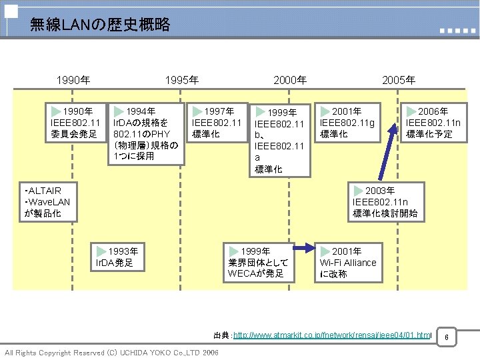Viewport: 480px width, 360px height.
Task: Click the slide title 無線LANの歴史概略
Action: point(100,26)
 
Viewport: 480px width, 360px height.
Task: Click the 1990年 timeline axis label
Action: point(73,81)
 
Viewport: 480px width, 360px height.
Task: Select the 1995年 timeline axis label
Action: point(181,81)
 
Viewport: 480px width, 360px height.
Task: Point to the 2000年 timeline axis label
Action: point(290,81)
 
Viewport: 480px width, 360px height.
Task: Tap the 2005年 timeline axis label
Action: point(398,81)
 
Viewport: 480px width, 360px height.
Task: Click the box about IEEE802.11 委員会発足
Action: point(75,123)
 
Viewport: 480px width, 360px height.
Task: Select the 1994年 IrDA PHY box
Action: point(146,133)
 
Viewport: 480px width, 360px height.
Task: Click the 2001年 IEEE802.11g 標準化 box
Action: point(347,123)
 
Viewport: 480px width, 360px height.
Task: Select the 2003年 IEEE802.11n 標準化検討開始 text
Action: point(385,203)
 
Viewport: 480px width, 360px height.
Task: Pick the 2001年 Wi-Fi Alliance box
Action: point(348,262)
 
